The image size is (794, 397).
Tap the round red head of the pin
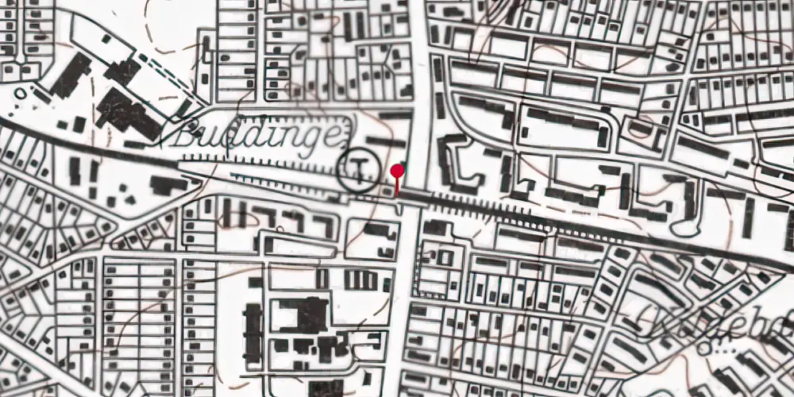(398, 170)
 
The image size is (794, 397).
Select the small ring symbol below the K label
(704, 348)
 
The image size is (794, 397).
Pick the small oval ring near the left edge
(21, 93)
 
